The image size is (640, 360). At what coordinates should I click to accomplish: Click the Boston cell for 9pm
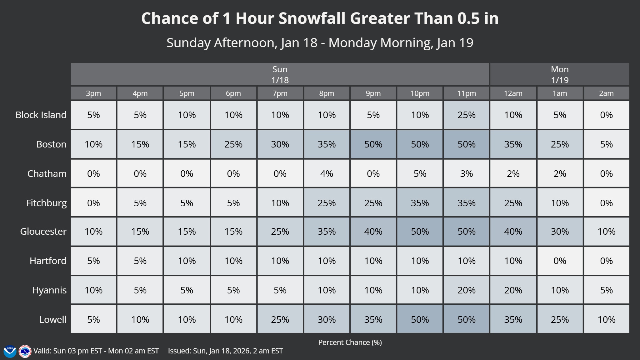(373, 144)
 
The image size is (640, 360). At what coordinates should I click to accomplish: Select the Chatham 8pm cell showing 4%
(327, 174)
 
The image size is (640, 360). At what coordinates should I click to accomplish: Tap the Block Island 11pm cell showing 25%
(466, 115)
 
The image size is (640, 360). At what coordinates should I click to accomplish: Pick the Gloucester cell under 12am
(513, 232)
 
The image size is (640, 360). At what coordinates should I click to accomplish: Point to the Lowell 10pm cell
(420, 319)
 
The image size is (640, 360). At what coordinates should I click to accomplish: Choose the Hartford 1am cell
(560, 261)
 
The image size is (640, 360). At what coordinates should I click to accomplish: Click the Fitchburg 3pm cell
(93, 203)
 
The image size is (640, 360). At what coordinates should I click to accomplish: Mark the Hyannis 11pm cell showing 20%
(466, 290)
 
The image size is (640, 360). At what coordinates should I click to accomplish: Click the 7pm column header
(280, 93)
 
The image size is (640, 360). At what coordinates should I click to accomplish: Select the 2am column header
(606, 93)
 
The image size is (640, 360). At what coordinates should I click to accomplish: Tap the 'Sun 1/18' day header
(280, 74)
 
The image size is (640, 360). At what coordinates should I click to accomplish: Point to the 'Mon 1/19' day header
(559, 74)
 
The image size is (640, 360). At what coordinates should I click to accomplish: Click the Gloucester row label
(43, 232)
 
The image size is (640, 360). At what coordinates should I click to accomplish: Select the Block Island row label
(41, 115)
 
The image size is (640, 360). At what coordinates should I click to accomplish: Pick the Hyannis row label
(49, 290)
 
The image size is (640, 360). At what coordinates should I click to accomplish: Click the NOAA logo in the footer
(10, 351)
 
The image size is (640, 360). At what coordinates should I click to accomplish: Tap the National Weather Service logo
(25, 351)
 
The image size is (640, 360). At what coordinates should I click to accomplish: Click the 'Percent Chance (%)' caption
(350, 342)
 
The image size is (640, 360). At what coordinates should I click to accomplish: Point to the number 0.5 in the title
(468, 18)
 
